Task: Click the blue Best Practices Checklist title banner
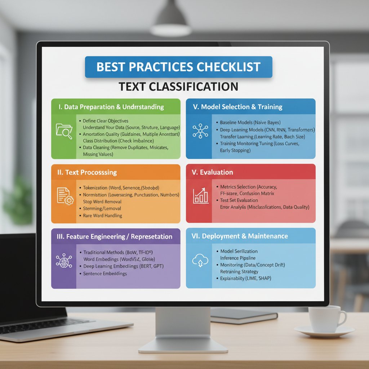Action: (x=178, y=67)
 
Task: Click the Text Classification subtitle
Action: (x=178, y=86)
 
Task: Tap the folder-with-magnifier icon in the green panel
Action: (x=64, y=130)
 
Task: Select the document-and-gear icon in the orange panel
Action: (x=64, y=196)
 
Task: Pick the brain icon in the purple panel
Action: (x=64, y=261)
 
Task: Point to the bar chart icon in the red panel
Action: (x=200, y=196)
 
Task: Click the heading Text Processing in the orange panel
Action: (x=87, y=172)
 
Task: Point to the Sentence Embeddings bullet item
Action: (x=105, y=274)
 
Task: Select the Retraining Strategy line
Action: (x=239, y=271)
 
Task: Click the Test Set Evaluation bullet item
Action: (x=239, y=200)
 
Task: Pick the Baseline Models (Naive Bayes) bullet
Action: (x=250, y=123)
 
